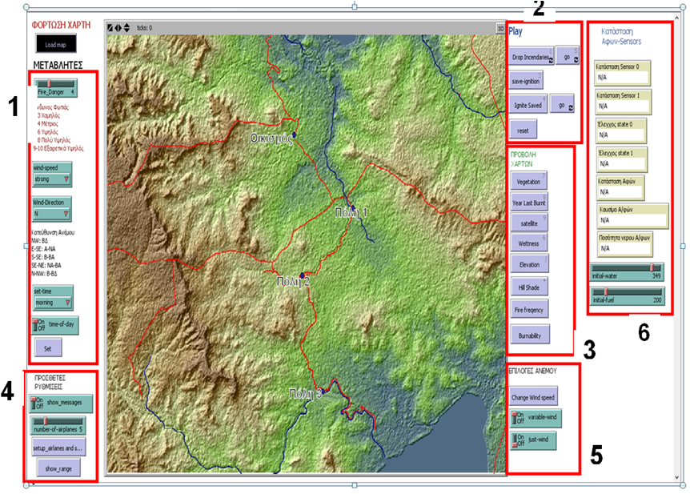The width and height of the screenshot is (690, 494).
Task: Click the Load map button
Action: pyautogui.click(x=56, y=44)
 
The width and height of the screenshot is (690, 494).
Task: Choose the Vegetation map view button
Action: pyautogui.click(x=528, y=182)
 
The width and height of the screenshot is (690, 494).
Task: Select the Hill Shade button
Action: pyautogui.click(x=528, y=284)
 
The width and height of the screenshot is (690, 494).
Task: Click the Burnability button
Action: pyautogui.click(x=529, y=335)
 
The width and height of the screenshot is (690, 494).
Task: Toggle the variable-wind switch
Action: pyautogui.click(x=534, y=418)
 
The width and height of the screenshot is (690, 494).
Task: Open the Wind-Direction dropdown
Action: pyautogui.click(x=52, y=210)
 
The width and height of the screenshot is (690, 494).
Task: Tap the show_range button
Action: pyautogui.click(x=58, y=468)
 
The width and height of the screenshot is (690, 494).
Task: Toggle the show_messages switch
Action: pyautogui.click(x=61, y=403)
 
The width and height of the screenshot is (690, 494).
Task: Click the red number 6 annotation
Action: pyautogui.click(x=644, y=329)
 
